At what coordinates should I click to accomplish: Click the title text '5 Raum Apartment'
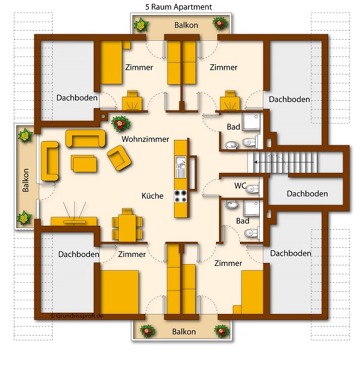[x=178, y=7]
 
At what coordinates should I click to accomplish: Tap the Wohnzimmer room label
[x=145, y=139]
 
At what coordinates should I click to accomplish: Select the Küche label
[x=152, y=196]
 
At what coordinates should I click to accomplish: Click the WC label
[x=240, y=185]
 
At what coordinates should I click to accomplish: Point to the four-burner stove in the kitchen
[x=181, y=196]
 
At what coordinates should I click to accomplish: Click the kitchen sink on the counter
[x=181, y=167]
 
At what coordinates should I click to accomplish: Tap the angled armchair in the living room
[x=119, y=158]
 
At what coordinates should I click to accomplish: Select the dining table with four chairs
[x=127, y=225]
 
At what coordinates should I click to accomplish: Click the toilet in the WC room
[x=253, y=188]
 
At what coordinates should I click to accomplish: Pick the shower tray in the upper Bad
[x=251, y=122]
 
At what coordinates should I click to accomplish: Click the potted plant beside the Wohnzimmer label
[x=121, y=124]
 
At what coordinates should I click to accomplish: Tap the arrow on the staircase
[x=284, y=162]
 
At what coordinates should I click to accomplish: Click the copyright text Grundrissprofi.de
[x=77, y=316]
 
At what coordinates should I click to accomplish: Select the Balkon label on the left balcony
[x=25, y=180]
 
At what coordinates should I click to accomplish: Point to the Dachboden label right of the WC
[x=307, y=194]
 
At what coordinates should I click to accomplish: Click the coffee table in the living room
[x=84, y=163]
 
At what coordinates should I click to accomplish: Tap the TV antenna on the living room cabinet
[x=74, y=211]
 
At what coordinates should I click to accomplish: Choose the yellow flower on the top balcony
[x=141, y=25]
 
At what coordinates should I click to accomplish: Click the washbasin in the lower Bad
[x=231, y=205]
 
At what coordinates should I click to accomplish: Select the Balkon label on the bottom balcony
[x=184, y=332]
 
